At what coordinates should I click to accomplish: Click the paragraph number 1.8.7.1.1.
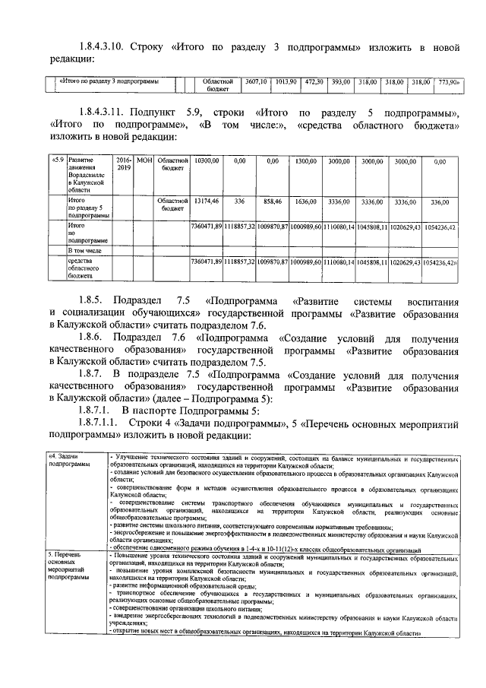click(x=100, y=421)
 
